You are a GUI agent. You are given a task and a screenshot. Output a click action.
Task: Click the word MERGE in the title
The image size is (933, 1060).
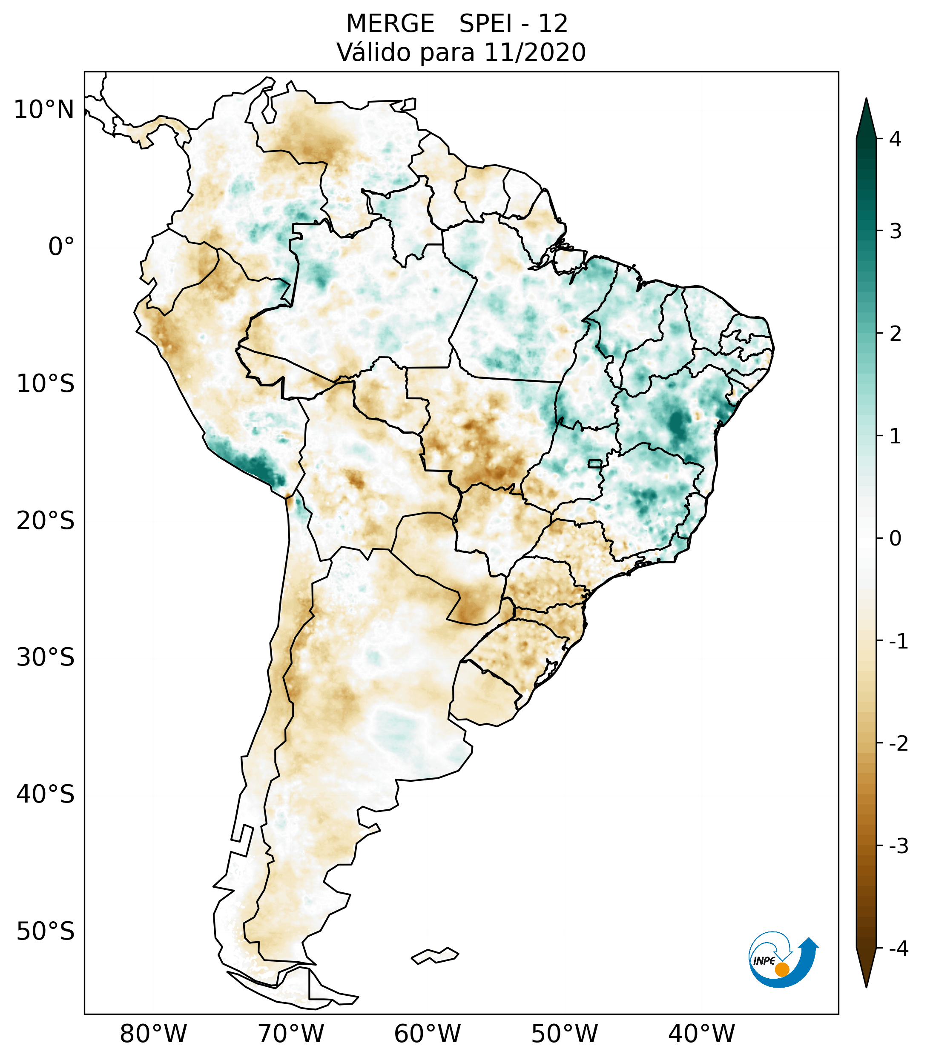[x=390, y=24]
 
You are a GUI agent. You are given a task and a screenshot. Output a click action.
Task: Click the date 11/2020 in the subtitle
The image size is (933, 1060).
[x=534, y=52]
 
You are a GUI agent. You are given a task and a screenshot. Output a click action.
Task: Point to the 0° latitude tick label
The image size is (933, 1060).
[x=61, y=246]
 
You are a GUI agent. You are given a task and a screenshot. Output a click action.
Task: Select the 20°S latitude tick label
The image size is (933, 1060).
[x=46, y=521]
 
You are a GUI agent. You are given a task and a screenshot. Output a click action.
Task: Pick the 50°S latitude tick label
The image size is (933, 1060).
[x=46, y=931]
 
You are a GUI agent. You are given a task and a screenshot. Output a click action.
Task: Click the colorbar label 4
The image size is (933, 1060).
[x=895, y=139]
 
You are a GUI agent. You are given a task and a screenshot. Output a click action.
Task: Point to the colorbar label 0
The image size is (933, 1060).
[x=895, y=539]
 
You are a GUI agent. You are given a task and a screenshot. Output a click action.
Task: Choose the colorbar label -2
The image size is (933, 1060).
[x=898, y=744]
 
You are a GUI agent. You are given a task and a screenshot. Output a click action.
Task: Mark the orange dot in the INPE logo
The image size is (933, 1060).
[x=781, y=969]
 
